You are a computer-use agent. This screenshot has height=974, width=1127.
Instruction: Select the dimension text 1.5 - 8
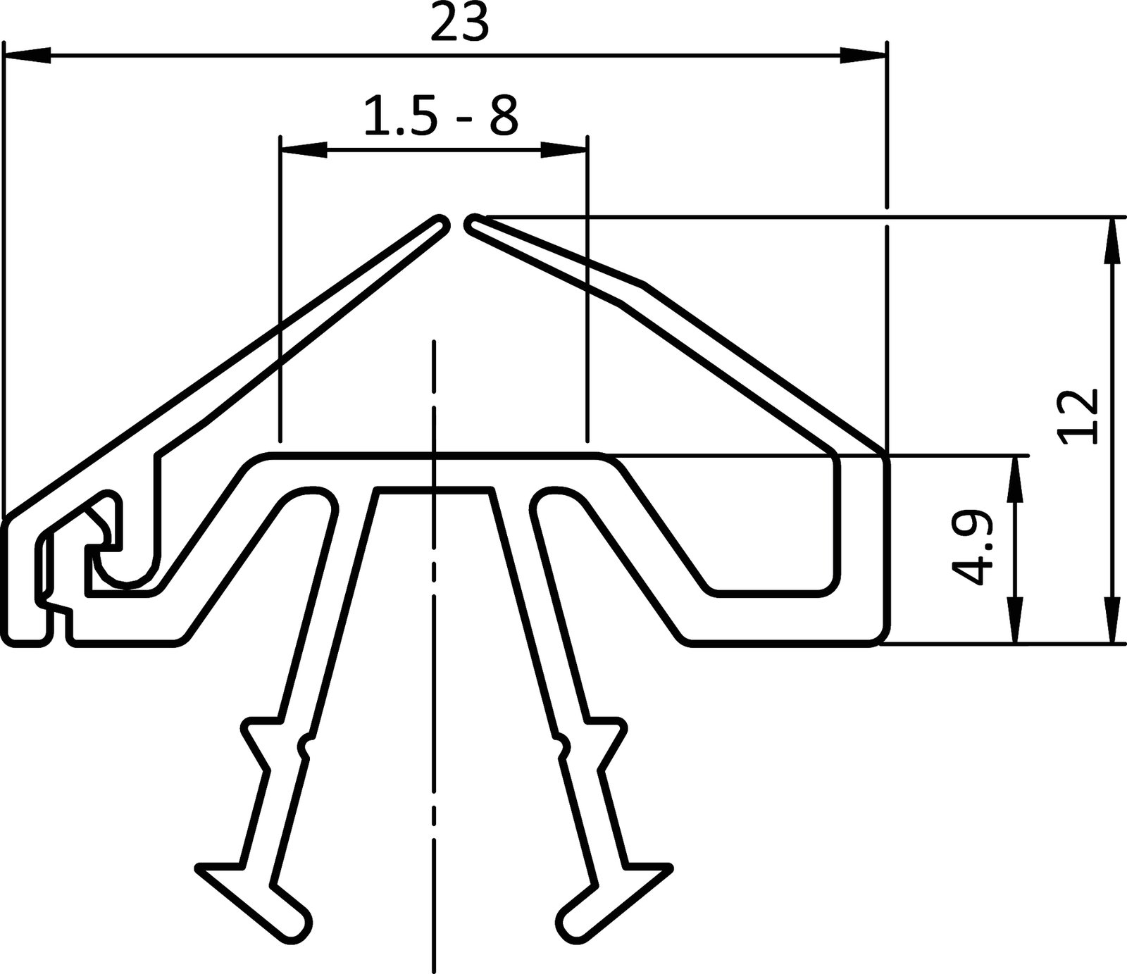(440, 116)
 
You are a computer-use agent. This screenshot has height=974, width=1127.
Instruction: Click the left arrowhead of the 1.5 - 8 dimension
(304, 149)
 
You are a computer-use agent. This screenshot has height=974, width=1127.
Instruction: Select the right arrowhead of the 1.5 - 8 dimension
(564, 149)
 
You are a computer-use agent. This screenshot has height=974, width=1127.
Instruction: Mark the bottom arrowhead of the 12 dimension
(1112, 620)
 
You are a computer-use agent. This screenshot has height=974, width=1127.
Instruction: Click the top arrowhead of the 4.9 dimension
(1015, 479)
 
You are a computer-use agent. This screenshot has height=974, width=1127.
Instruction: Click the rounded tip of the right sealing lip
(473, 224)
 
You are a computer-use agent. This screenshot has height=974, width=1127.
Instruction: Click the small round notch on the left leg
(306, 745)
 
